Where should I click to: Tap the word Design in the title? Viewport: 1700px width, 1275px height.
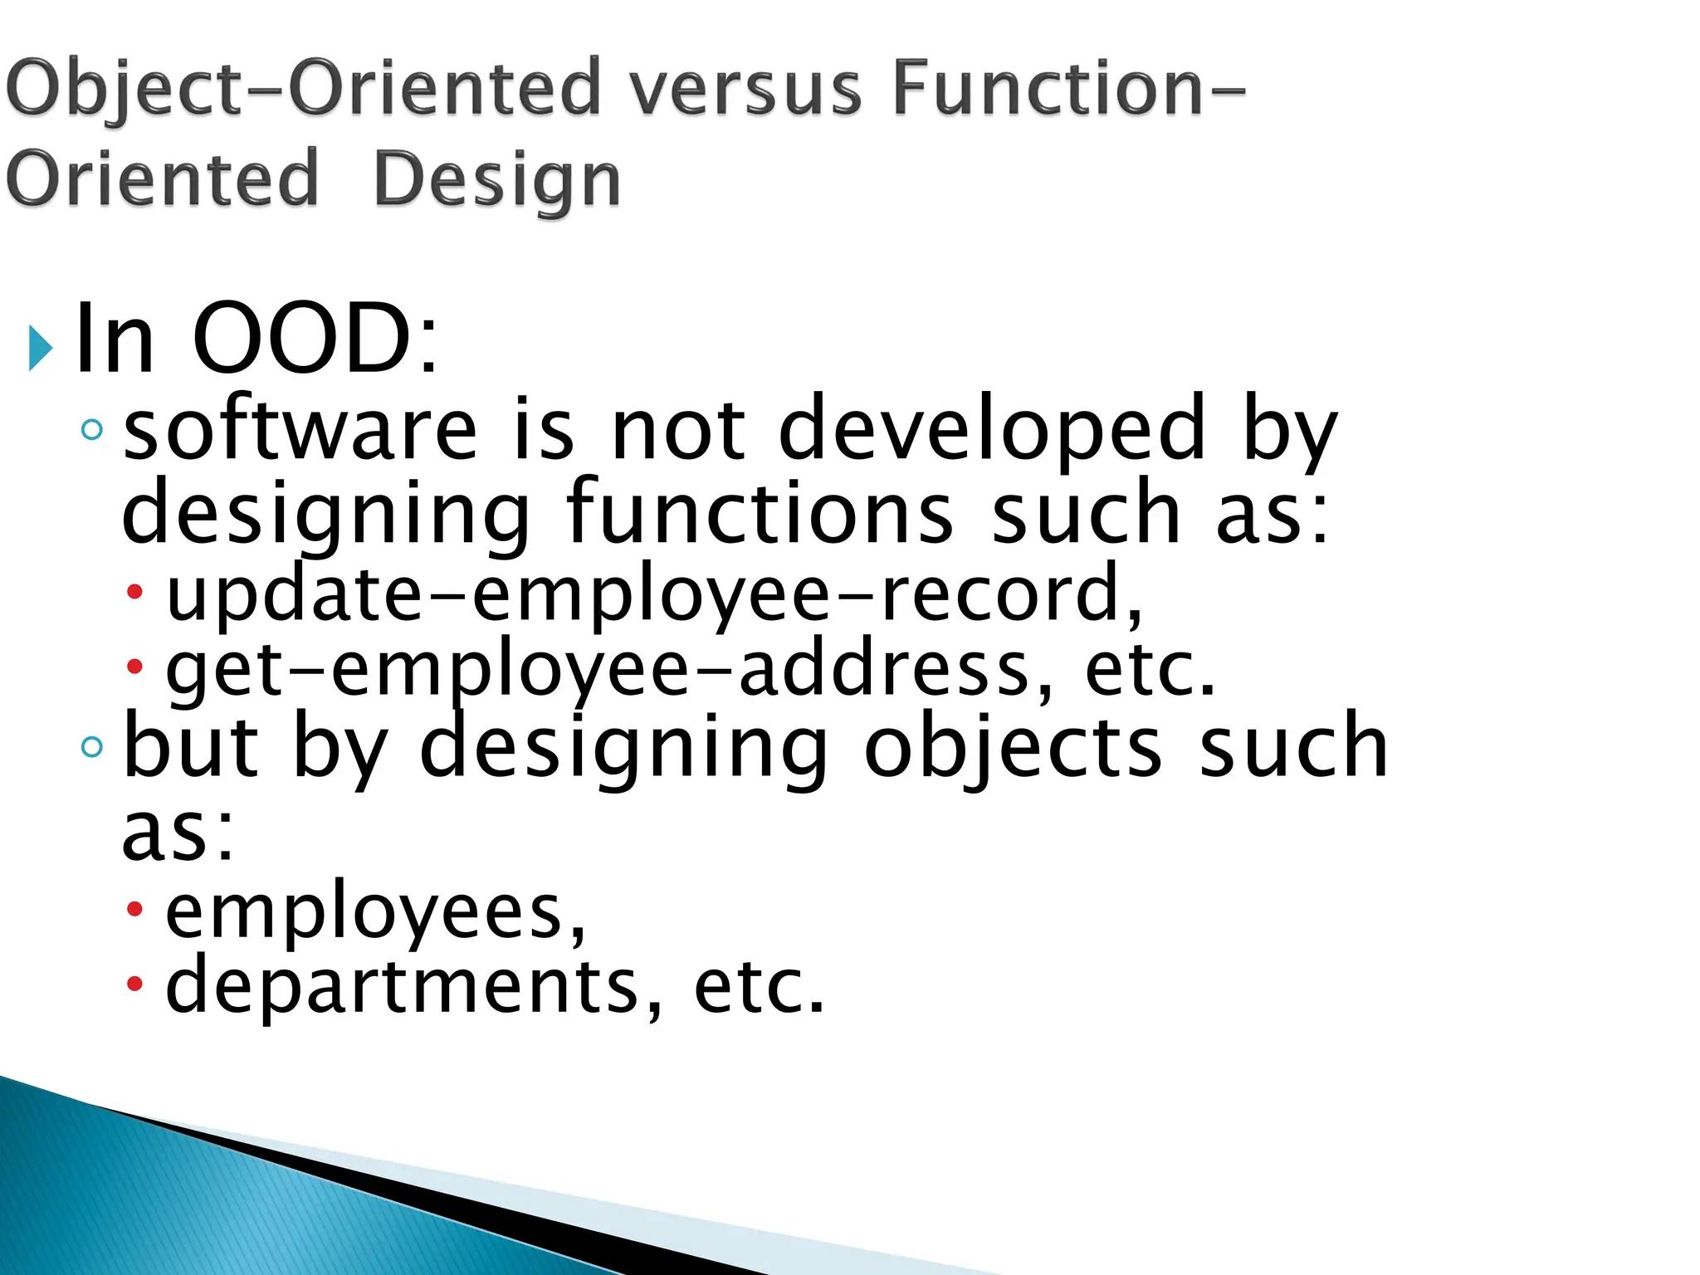496,180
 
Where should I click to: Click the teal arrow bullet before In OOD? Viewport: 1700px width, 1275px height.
40,348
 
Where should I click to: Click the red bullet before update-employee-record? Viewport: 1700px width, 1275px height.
134,593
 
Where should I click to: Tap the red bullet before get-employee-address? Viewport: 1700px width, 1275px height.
134,666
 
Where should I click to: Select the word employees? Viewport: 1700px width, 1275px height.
375,912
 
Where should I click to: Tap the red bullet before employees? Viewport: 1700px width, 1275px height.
134,910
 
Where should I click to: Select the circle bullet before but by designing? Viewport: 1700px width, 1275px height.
92,747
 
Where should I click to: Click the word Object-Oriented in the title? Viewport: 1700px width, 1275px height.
301,89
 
